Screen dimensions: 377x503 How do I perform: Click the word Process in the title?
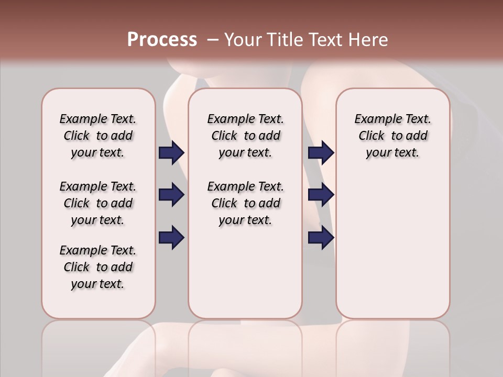point(162,39)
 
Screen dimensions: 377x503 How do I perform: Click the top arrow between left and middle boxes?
point(171,153)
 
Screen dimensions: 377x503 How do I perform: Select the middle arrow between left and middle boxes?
point(171,195)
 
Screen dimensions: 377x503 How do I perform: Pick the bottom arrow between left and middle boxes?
point(171,237)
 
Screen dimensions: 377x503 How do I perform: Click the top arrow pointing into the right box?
point(321,153)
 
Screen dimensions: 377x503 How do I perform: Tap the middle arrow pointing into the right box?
point(321,195)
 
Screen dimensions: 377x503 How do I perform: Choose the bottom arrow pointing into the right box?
point(321,237)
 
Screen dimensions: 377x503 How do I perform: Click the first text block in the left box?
point(98,136)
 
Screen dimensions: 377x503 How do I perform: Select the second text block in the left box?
point(98,203)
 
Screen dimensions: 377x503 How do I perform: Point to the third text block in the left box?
point(98,267)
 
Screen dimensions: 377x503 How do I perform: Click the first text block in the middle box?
point(245,136)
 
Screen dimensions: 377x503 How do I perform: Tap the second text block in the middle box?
point(245,203)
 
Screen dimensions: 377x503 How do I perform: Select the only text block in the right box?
point(392,136)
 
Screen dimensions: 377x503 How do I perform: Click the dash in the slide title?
point(213,40)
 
